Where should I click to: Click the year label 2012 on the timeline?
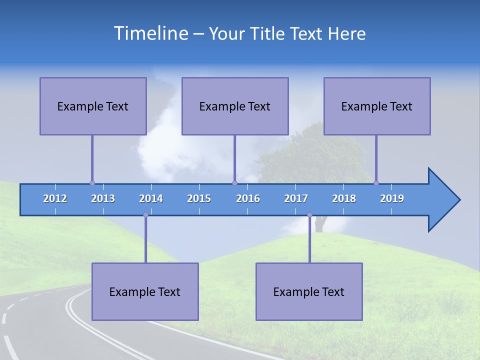tap(55, 198)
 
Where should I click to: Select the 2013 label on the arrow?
tap(103, 198)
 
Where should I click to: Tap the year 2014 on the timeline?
tap(151, 198)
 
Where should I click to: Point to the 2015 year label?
tap(199, 198)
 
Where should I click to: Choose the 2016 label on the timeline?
tap(248, 198)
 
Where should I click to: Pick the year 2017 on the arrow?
tap(296, 198)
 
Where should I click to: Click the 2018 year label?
tap(344, 198)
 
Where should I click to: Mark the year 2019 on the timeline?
tap(392, 198)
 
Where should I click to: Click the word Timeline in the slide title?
tap(150, 33)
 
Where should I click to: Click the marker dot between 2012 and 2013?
tap(92, 183)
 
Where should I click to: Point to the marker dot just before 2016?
tap(234, 183)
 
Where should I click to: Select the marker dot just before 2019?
tap(376, 183)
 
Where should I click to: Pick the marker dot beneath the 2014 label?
tap(145, 215)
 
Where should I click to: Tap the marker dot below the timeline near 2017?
tap(309, 215)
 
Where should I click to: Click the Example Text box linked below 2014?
tap(145, 291)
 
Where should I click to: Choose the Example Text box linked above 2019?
tap(377, 106)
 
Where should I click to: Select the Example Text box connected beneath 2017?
tap(309, 291)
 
